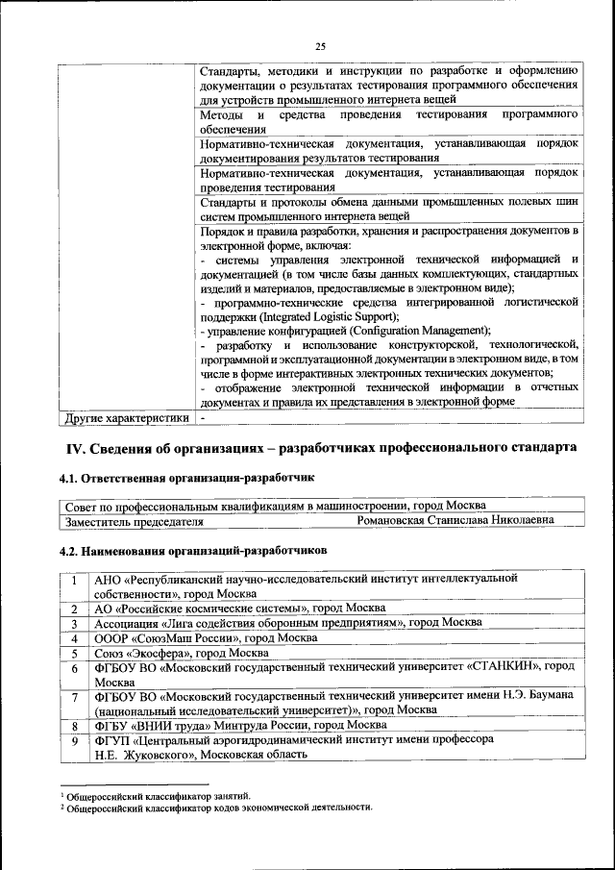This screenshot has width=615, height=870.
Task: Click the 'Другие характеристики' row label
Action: coord(126,418)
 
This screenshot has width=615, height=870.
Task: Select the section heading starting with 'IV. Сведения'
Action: coord(321,449)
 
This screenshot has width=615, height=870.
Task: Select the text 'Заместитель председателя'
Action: coord(134,521)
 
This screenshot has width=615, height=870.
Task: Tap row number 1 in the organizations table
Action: coord(74,580)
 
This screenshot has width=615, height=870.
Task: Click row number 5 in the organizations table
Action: coord(74,653)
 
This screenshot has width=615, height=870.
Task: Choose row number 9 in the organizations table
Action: coord(74,740)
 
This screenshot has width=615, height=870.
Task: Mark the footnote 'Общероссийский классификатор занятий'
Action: coord(158,796)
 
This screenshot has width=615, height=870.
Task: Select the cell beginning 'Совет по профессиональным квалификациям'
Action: coord(275,506)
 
